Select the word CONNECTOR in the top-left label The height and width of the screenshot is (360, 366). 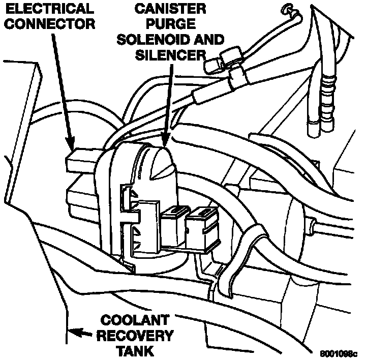[x=47, y=24]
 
